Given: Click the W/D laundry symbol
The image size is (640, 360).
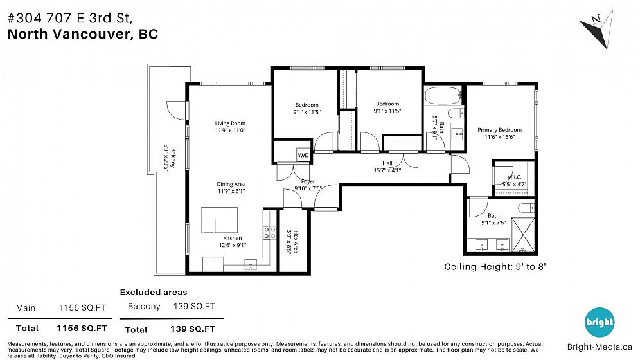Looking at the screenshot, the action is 303,155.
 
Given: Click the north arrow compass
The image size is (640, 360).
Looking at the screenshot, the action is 597,30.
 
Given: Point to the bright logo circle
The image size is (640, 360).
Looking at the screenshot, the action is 600,322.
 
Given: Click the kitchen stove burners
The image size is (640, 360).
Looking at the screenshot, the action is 269,233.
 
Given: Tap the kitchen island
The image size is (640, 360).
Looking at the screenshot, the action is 219,220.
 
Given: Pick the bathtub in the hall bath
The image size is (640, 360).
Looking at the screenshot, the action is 443,96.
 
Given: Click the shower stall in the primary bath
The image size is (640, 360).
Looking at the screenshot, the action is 523,234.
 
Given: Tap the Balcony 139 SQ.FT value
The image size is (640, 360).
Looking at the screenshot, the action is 194,306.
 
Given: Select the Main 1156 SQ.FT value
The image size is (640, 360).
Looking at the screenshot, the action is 82,308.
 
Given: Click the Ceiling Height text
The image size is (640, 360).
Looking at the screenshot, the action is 495,267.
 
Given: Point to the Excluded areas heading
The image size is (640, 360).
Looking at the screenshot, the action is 154,292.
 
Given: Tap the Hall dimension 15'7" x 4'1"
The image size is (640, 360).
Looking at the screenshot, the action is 387,170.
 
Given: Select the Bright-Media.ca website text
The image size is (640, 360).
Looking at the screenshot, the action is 600,347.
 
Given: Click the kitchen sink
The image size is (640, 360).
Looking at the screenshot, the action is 251,264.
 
